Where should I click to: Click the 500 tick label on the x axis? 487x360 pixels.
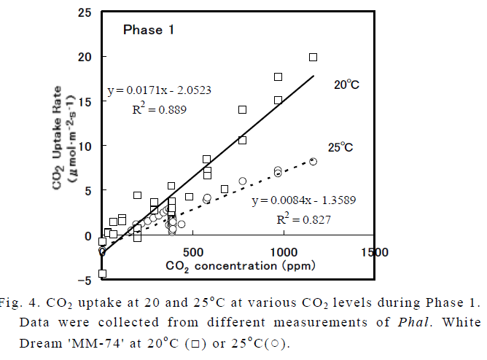(x=192, y=251)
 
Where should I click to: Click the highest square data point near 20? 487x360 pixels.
(x=313, y=57)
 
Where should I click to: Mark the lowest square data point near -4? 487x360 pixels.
(x=102, y=273)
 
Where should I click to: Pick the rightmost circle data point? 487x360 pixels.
(x=313, y=162)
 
